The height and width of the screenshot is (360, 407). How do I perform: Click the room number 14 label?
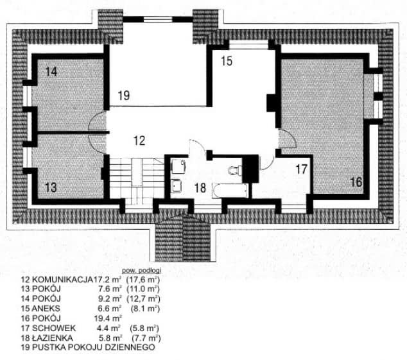click(51, 72)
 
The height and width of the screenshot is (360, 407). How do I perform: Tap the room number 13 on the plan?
click(51, 187)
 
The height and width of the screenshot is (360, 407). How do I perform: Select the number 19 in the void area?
click(124, 95)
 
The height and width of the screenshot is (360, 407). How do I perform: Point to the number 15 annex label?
click(227, 61)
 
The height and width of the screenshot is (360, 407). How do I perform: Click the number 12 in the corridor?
click(139, 141)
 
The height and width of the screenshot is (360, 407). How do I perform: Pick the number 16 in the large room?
click(356, 182)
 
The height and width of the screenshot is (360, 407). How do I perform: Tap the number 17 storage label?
click(301, 169)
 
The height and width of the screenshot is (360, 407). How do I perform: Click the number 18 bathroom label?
click(200, 188)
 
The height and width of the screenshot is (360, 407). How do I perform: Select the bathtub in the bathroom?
click(230, 191)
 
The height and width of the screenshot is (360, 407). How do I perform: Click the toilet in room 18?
click(235, 171)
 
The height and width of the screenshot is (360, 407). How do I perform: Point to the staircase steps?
click(137, 180)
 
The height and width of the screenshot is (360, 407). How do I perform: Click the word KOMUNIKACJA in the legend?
click(62, 280)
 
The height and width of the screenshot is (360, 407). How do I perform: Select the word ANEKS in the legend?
click(46, 309)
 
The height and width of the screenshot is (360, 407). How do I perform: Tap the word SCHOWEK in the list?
click(54, 328)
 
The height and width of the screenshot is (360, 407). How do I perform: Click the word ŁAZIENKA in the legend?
click(52, 338)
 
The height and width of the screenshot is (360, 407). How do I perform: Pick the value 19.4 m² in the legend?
click(108, 318)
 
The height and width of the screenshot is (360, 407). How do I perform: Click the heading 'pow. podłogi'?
click(141, 270)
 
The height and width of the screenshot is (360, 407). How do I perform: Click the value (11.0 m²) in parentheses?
click(143, 289)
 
